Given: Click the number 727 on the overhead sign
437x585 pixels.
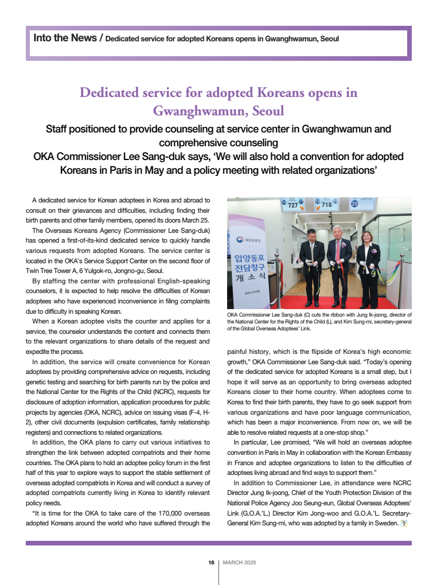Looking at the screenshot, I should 293,205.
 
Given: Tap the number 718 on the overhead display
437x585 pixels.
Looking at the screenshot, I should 326,204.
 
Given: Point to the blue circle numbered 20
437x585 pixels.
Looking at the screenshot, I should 354,203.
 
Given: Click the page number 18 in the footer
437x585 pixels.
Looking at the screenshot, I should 211,563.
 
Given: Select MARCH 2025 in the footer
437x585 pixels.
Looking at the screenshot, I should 239,563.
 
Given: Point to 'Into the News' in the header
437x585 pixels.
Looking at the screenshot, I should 65,38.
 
